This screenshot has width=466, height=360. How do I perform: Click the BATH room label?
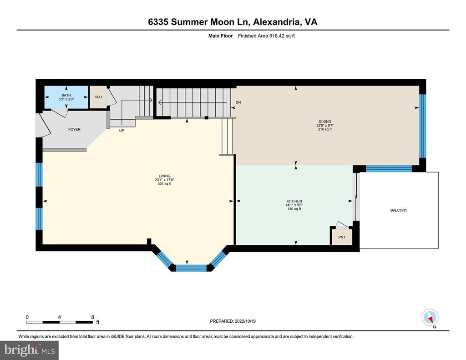point(66,96)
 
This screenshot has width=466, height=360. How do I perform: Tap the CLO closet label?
point(98,97)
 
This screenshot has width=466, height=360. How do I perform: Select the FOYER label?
point(74,129)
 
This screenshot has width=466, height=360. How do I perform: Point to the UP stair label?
point(122,131)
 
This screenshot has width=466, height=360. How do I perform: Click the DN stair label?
point(238,102)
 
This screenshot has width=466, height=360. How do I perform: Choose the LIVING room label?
point(164,176)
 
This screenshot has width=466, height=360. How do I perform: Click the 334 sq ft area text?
point(164,184)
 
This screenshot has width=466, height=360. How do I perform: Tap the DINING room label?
point(325,122)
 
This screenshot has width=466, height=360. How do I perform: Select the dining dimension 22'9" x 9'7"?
point(325,126)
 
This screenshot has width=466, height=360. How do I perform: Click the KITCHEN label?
point(294,201)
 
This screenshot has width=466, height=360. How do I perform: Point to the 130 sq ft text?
point(294,209)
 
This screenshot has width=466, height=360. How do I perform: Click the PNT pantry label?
point(342,237)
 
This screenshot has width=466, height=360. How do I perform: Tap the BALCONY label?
point(399,210)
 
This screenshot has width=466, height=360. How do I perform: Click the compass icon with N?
point(430,318)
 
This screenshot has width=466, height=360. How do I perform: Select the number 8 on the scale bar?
point(92,317)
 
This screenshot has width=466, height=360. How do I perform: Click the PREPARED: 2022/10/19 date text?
point(233,321)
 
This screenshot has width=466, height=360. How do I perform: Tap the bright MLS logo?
point(29,350)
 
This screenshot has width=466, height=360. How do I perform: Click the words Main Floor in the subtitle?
point(221,36)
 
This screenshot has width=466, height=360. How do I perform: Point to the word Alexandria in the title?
point(276,22)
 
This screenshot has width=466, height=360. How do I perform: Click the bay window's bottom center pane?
point(191,268)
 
